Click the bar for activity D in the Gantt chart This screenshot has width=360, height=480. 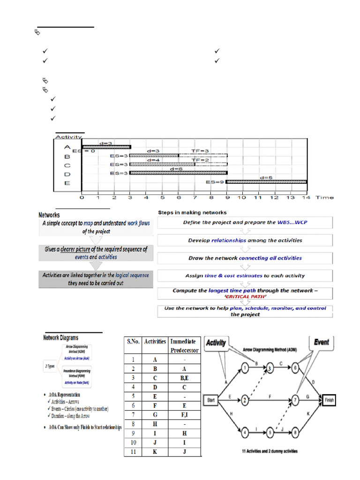(178, 173)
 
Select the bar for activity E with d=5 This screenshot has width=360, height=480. (266, 182)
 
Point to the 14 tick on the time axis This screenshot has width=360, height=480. (306, 198)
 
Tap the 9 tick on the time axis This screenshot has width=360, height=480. (226, 198)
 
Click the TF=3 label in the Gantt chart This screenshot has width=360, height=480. (200, 151)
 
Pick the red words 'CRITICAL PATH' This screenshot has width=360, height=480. (246, 297)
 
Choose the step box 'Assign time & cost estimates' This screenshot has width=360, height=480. (245, 276)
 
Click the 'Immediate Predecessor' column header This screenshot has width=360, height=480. (184, 345)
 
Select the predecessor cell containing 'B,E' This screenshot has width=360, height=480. (184, 378)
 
